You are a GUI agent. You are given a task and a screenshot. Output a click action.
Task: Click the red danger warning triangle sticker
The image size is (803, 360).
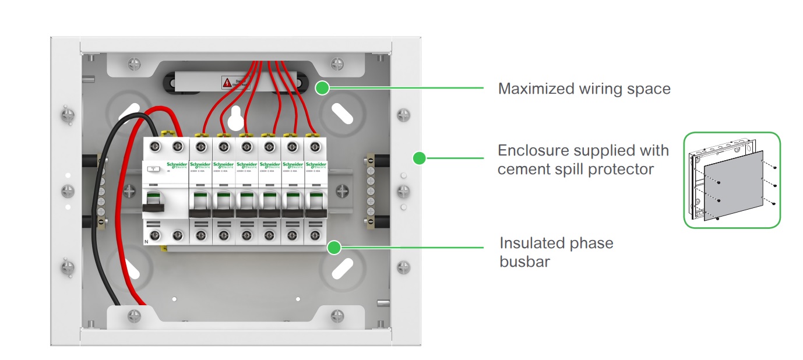coord(226,83)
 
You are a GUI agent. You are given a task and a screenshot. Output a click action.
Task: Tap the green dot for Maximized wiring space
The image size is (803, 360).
coord(321,89)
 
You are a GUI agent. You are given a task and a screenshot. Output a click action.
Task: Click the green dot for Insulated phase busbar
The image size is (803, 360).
coord(334,248)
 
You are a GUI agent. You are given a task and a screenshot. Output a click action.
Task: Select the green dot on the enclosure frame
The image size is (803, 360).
coord(418,157)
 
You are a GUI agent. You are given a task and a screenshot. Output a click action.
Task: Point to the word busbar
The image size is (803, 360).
coord(524,262)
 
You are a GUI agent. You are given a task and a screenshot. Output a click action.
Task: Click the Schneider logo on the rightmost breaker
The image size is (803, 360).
coord(316,165)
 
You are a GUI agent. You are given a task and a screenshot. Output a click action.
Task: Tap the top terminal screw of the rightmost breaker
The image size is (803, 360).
coord(315,146)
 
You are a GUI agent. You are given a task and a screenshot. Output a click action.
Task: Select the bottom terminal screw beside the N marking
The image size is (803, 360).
coord(156,235)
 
